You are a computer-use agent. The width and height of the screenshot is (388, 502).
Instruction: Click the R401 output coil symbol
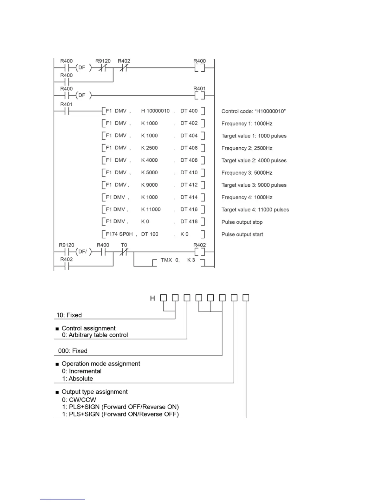pos(200,95)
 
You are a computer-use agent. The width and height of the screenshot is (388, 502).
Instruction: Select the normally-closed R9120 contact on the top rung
pos(102,68)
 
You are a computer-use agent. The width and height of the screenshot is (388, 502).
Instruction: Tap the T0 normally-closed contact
pos(124,252)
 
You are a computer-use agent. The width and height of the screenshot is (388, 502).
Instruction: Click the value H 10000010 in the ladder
pos(155,111)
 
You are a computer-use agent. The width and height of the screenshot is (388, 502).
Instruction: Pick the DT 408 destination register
pos(189,160)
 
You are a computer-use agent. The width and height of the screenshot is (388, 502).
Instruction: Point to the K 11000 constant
pos(151,209)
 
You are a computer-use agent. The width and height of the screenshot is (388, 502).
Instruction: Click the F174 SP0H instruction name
pos(119,234)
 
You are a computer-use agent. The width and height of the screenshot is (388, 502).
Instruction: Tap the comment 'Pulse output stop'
pos(242,222)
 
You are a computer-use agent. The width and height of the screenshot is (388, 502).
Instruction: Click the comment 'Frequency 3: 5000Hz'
pos(247,173)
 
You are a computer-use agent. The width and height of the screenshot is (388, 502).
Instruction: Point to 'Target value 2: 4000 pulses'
pos(254,160)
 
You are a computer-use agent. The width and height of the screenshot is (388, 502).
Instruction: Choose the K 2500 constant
pos(149,148)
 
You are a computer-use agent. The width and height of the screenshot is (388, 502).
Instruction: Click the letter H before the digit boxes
pos(152,298)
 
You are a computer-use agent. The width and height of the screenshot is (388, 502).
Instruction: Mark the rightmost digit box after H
pos(246,298)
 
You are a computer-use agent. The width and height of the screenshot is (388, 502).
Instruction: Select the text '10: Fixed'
pos(69,315)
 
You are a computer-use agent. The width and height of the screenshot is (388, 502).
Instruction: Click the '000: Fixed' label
pos(73,351)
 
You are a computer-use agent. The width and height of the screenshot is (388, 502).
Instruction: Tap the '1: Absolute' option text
pos(77,378)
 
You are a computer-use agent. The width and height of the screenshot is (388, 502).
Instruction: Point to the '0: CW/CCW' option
pos(79,400)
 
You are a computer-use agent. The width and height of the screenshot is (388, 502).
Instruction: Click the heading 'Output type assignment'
pos(94,392)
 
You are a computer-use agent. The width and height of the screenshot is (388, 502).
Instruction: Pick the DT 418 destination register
pos(189,221)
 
